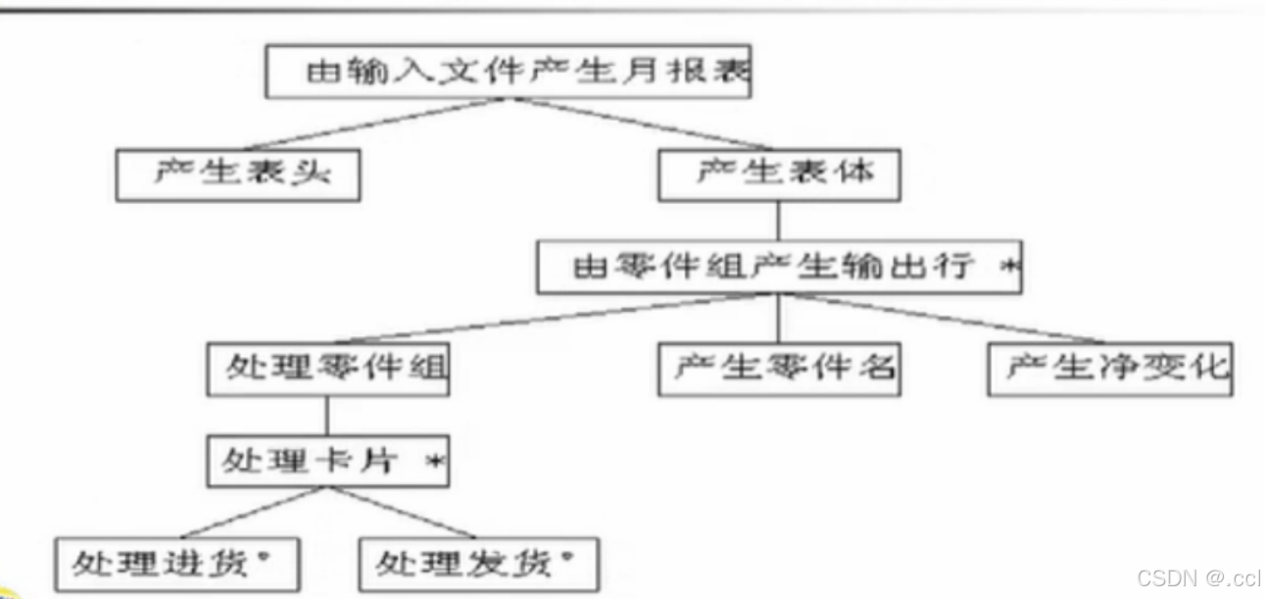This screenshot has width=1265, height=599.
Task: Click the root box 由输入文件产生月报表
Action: click(x=509, y=72)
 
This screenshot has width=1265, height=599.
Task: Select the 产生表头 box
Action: click(x=237, y=175)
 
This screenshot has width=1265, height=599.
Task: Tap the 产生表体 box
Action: click(x=779, y=175)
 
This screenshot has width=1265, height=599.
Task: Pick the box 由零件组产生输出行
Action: click(x=778, y=268)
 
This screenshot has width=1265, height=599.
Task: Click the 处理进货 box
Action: click(x=177, y=564)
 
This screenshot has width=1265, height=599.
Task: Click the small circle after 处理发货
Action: click(x=565, y=556)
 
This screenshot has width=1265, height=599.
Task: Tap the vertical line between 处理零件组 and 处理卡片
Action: click(x=326, y=416)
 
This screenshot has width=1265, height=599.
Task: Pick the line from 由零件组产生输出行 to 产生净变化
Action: click(x=941, y=318)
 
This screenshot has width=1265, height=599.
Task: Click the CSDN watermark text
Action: click(x=1198, y=578)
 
